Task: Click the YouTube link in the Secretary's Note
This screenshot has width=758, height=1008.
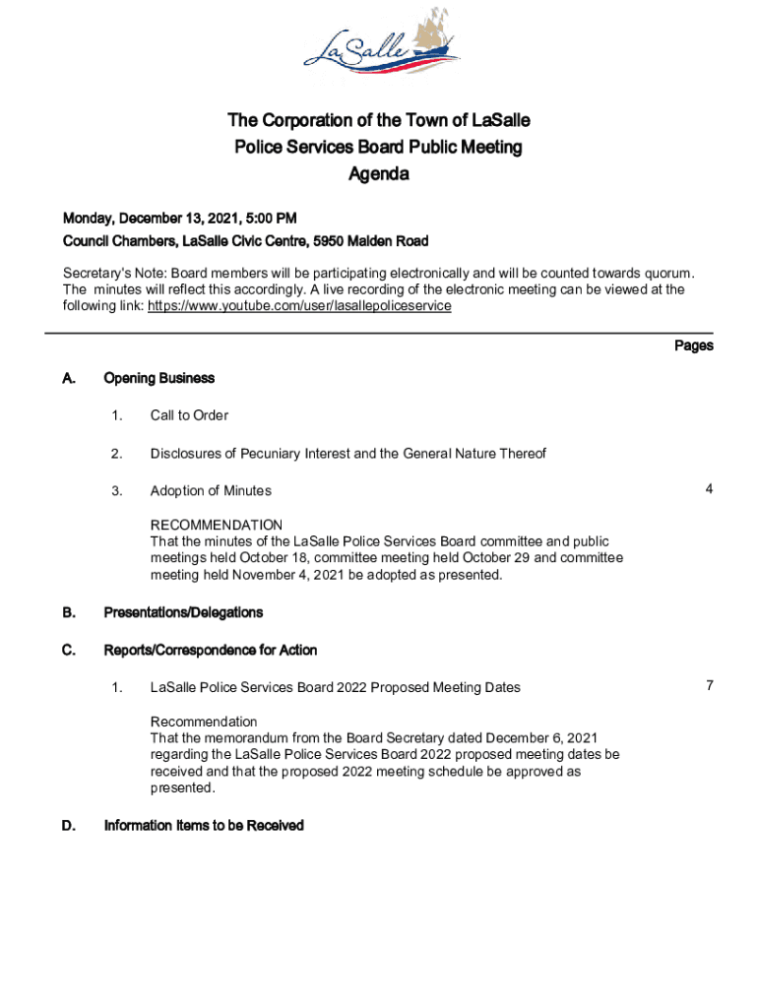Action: tap(299, 306)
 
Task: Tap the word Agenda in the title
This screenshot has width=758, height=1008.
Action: tap(378, 175)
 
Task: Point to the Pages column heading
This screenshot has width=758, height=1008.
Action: tap(693, 346)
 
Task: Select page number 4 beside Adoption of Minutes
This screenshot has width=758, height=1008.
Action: tap(708, 489)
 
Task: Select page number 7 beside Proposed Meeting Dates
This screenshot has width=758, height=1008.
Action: tap(708, 686)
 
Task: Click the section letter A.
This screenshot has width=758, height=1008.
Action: tap(69, 378)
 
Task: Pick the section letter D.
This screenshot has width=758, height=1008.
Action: tap(69, 826)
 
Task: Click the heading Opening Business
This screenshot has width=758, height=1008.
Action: tap(158, 378)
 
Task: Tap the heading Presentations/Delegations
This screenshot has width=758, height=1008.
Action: tap(183, 612)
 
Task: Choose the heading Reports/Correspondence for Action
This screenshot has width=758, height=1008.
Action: tap(210, 650)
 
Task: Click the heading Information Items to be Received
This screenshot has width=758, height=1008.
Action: tap(204, 826)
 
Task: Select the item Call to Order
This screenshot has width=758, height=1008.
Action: tap(189, 415)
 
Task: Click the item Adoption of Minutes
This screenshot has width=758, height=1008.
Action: tap(211, 490)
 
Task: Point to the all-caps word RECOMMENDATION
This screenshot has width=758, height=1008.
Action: tap(216, 525)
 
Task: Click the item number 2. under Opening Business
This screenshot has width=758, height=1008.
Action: tap(116, 453)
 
